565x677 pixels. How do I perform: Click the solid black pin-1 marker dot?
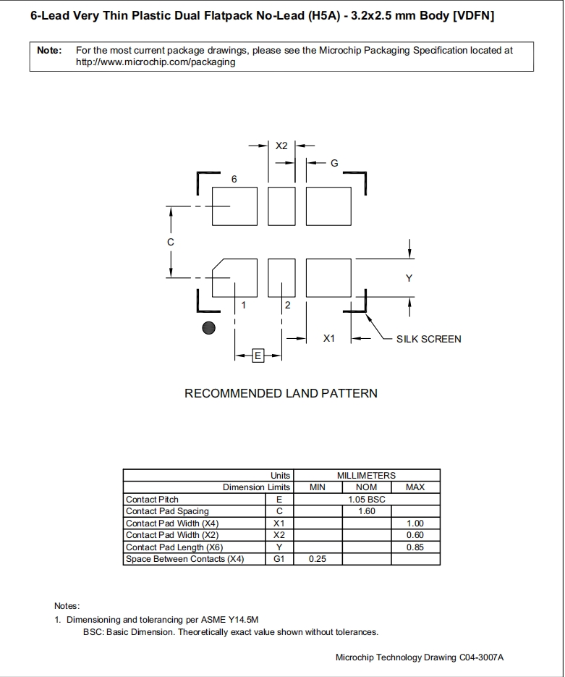tap(209, 328)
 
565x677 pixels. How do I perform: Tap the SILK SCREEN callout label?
tap(428, 339)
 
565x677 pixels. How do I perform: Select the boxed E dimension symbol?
tap(258, 355)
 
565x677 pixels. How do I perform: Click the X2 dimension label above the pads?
tap(282, 146)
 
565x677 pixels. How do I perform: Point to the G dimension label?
tap(334, 164)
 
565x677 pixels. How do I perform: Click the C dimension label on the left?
tap(171, 242)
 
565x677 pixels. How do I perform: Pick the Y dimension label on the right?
tap(409, 278)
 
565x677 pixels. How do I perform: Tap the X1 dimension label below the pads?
tap(329, 338)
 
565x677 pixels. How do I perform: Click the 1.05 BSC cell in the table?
tap(367, 500)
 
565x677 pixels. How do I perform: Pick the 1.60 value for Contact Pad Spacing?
tap(367, 511)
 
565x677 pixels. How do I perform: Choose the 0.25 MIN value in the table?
tap(318, 559)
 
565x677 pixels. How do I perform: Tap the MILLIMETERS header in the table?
tap(367, 476)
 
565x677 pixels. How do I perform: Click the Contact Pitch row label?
tap(153, 500)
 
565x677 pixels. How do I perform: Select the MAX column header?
tap(415, 487)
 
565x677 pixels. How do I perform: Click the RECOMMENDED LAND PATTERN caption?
tap(281, 393)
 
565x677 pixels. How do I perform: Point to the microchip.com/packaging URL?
tap(156, 62)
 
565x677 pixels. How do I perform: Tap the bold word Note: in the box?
tap(49, 50)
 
